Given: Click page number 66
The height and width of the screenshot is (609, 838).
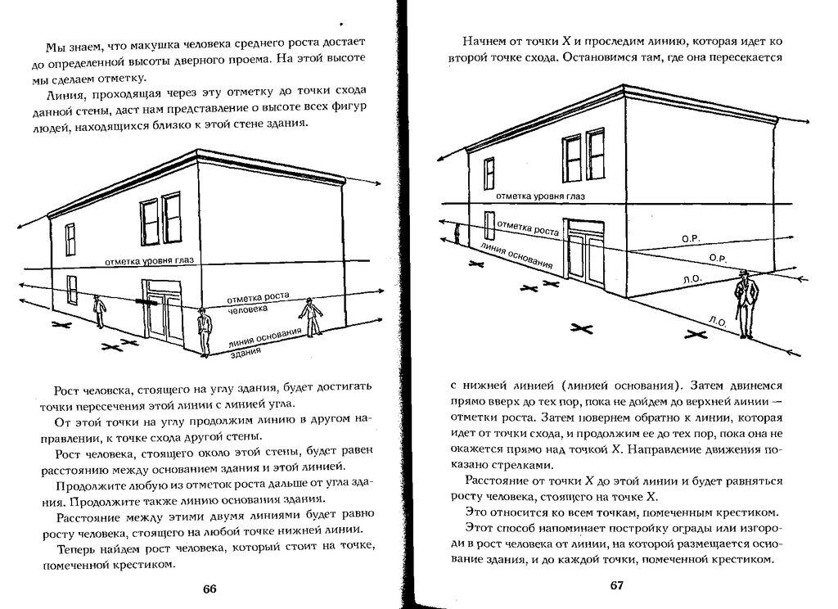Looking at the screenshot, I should click(209, 589).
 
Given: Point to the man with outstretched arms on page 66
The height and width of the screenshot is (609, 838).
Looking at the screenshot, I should click(310, 317).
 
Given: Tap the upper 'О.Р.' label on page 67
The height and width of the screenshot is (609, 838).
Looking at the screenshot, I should click(690, 238).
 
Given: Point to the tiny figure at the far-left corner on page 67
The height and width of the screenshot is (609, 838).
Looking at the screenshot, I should click(457, 236).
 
